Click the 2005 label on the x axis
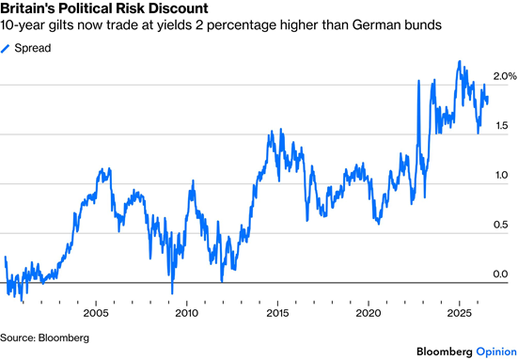tap(96, 313)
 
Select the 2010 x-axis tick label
tap(187, 313)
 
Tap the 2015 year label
tap(277, 313)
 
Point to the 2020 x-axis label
tap(369, 313)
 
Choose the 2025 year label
tap(459, 313)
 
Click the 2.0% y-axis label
tap(505, 76)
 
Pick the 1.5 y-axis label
tap(500, 126)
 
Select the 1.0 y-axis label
tap(501, 175)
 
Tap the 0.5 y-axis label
tap(500, 225)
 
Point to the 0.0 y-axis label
tap(500, 274)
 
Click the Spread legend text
tap(33, 48)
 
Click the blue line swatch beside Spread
tap(5, 49)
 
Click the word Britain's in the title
tap(28, 8)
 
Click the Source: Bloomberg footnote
tap(44, 337)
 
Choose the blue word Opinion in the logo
tap(496, 352)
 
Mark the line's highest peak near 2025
tap(459, 61)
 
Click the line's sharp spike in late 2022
tap(418, 81)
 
